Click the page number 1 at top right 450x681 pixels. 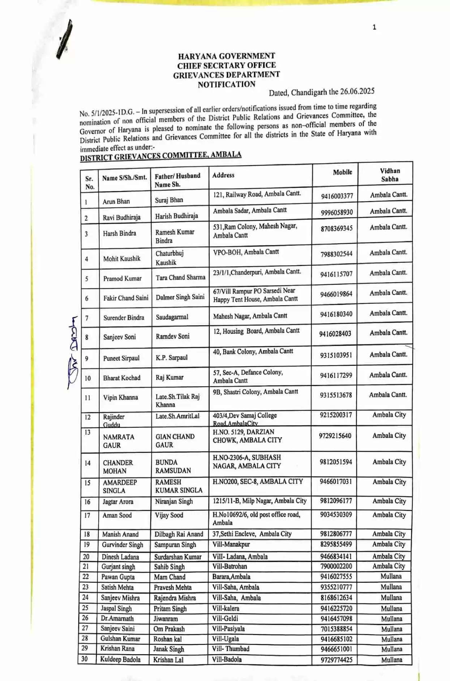point(374,27)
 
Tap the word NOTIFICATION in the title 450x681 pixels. point(226,85)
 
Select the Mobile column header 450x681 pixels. point(342,172)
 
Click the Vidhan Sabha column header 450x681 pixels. point(390,175)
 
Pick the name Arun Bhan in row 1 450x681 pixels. point(116,201)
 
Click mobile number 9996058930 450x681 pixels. point(337,212)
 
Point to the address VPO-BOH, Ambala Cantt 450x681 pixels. point(246,252)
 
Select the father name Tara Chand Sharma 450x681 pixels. point(180,277)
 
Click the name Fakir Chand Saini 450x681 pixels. point(126,298)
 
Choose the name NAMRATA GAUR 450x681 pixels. point(118,441)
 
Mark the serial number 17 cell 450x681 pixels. point(87,515)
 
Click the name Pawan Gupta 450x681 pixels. point(118,577)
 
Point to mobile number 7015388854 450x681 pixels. point(336,629)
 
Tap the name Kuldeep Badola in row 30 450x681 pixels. point(120,659)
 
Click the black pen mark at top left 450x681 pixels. point(65,39)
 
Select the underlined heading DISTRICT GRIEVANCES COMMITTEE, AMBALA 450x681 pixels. point(160,156)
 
